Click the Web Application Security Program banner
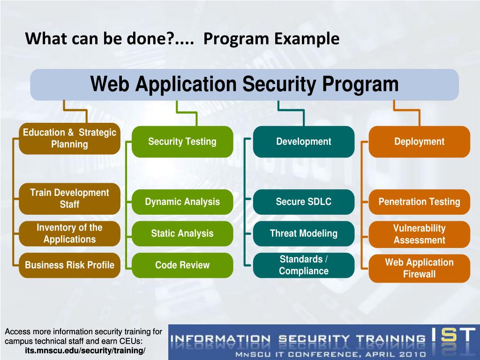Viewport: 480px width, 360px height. point(244,84)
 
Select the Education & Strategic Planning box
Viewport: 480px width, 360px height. point(69,138)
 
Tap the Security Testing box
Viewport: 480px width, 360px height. point(182,142)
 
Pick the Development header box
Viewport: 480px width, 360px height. point(304,142)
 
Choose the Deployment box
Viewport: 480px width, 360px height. point(420,142)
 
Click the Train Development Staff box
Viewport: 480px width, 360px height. point(69,199)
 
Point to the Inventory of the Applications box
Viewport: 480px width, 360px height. point(69,233)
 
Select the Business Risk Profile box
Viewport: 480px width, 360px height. point(69,265)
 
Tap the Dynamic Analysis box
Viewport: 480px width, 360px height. point(182,202)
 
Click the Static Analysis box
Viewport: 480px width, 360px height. point(182,233)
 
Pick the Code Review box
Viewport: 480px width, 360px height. point(182,265)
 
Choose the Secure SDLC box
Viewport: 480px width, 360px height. point(304,202)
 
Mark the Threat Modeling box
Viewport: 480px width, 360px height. point(304,233)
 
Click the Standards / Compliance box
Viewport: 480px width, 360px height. point(304,265)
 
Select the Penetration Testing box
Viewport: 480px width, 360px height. point(420,202)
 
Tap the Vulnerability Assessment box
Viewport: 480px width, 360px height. point(420,234)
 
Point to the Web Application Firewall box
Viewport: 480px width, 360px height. point(420,268)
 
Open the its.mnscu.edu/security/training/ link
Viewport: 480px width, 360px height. point(85,351)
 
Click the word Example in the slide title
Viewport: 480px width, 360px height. point(307,39)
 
